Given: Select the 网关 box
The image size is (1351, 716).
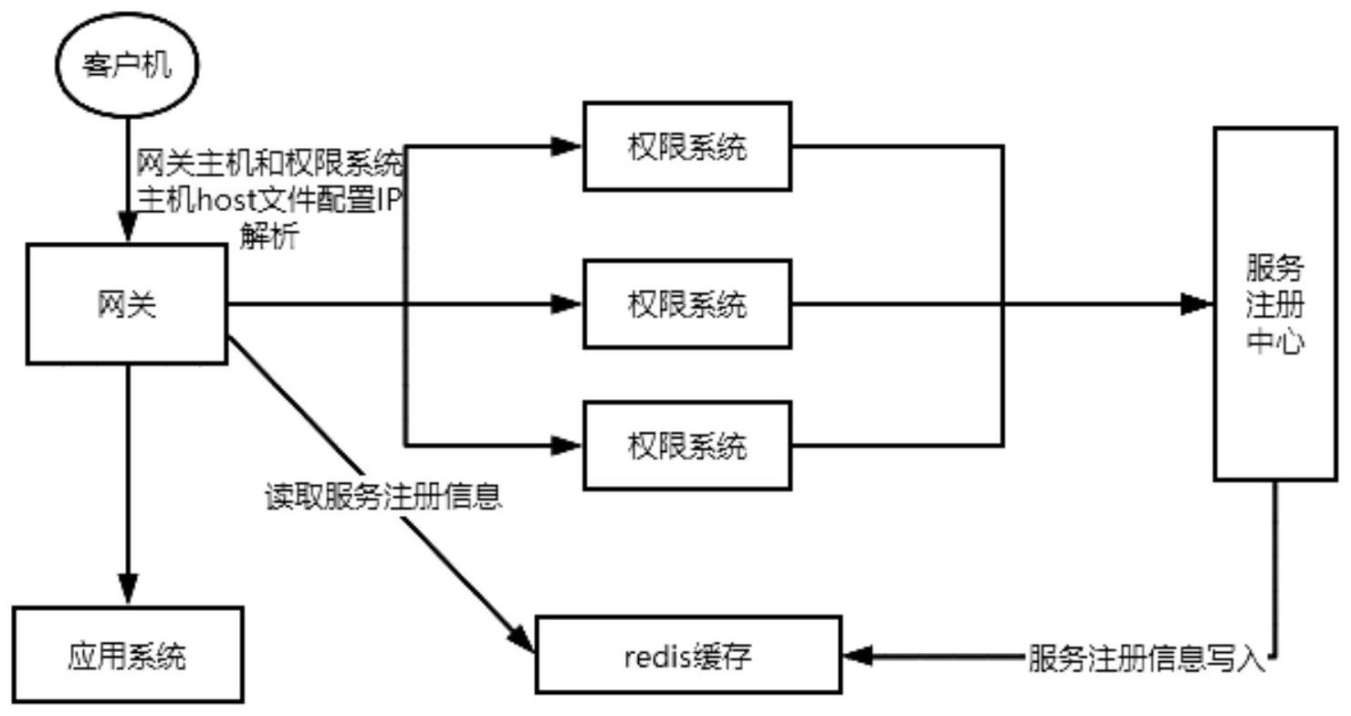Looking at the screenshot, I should pyautogui.click(x=127, y=303).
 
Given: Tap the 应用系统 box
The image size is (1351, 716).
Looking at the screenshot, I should pyautogui.click(x=127, y=656).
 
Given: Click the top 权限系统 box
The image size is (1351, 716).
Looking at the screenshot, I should pyautogui.click(x=686, y=146).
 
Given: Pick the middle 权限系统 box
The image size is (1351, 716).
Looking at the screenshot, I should pyautogui.click(x=686, y=304).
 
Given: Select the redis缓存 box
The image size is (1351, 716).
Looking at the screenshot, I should pyautogui.click(x=686, y=656).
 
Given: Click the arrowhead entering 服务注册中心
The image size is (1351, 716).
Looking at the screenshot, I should pyautogui.click(x=1196, y=304).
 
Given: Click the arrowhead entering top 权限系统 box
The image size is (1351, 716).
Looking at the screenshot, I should pyautogui.click(x=566, y=146).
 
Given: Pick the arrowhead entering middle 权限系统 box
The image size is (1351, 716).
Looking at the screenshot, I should pyautogui.click(x=566, y=304).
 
